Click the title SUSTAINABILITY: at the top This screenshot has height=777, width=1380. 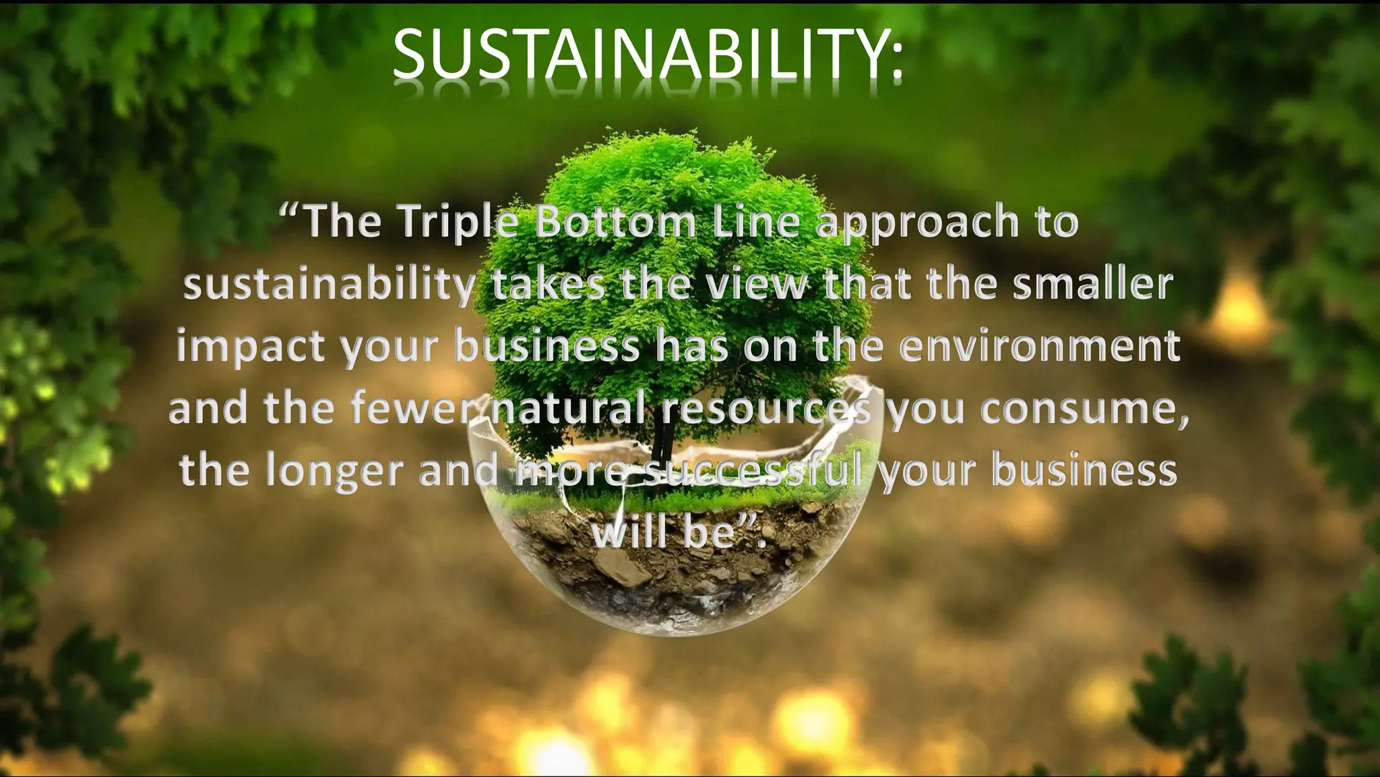point(647,53)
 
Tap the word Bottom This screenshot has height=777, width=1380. point(614,222)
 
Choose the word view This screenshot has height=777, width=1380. point(755,285)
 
